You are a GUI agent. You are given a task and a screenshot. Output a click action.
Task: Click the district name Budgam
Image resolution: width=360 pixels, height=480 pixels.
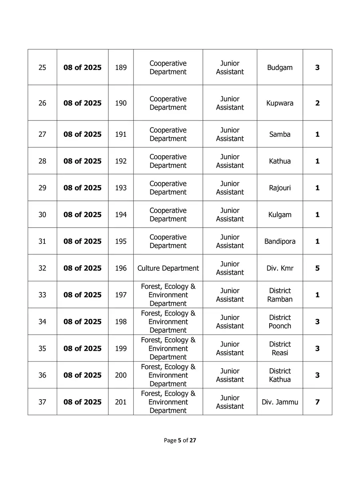point(280,68)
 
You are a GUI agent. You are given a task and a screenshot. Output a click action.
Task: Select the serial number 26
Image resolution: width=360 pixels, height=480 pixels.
point(42,103)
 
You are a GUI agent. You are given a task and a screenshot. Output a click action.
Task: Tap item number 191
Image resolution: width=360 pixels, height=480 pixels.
point(121,134)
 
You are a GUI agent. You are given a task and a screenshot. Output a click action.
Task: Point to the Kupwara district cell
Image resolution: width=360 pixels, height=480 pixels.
point(280,103)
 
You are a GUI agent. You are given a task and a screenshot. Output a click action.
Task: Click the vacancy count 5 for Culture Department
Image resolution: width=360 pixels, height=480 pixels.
point(317,268)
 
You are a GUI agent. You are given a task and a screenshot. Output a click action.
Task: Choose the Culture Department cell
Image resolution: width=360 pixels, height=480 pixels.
point(168,268)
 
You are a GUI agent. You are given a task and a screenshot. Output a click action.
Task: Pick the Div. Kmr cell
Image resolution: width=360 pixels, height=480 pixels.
point(280,268)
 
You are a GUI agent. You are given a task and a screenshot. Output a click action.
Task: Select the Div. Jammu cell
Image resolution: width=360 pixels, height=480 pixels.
point(280,402)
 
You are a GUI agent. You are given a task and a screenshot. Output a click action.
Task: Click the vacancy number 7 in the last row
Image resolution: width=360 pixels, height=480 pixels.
point(317,402)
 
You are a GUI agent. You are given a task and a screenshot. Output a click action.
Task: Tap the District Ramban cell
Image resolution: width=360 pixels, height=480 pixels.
point(280,295)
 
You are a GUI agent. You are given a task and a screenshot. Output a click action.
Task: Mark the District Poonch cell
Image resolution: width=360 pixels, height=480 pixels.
point(280,322)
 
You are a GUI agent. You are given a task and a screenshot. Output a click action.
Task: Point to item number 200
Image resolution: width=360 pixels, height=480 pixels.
point(121,375)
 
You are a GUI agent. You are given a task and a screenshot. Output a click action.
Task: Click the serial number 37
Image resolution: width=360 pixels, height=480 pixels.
point(42,402)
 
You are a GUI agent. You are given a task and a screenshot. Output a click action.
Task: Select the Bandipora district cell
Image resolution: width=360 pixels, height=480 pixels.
point(280,241)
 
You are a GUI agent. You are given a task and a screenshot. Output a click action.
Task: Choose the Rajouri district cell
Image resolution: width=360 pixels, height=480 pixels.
point(280,188)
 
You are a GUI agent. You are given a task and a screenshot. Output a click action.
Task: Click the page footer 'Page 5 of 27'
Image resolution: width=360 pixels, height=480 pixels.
point(180,440)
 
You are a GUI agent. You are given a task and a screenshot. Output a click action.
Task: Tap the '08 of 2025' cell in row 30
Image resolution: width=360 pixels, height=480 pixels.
point(82,214)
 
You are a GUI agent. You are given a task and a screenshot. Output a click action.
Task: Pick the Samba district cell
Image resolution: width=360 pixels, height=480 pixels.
point(280,134)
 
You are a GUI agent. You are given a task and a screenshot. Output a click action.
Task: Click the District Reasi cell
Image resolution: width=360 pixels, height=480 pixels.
point(280,348)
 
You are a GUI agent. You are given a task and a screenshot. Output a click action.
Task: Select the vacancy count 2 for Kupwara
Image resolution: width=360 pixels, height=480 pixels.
point(317,103)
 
